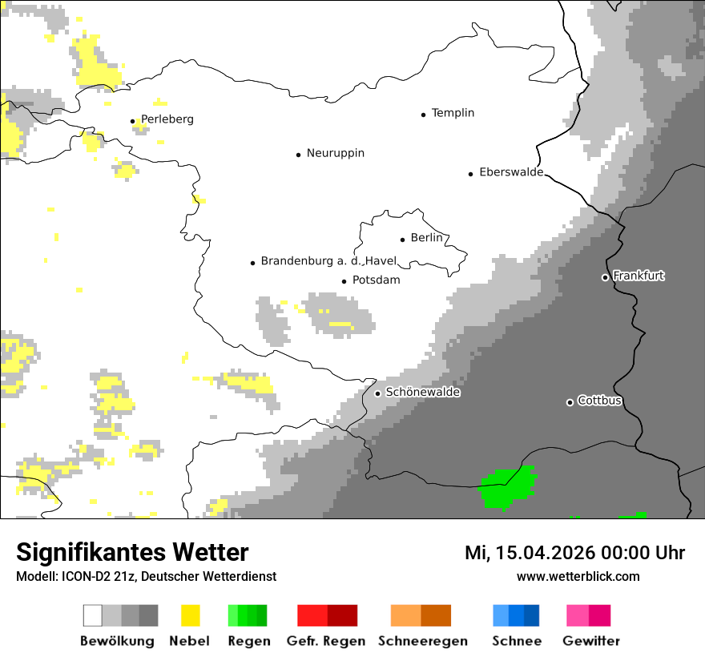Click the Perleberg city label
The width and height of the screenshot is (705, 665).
click(167, 119)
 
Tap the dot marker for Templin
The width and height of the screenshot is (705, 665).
click(423, 115)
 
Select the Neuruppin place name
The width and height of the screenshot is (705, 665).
click(335, 153)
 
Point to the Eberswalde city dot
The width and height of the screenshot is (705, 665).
click(471, 174)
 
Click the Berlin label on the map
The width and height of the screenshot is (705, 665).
click(426, 238)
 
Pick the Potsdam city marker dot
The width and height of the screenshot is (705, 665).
click(344, 281)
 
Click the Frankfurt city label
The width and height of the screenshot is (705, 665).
click(639, 276)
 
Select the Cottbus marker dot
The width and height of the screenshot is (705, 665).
click(570, 402)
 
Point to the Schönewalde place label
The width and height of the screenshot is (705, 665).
click(422, 393)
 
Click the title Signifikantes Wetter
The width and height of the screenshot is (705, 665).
click(132, 552)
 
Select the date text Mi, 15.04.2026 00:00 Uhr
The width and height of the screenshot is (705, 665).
click(574, 553)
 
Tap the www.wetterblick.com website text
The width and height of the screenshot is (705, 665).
click(578, 576)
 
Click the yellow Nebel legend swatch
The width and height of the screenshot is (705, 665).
click(190, 615)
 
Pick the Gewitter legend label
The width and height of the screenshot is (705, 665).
click(590, 641)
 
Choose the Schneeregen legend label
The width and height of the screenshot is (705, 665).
click(422, 641)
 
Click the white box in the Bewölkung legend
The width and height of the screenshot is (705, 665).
click(93, 615)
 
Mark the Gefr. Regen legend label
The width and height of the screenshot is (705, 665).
click(325, 641)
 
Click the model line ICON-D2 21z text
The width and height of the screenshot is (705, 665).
click(146, 576)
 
